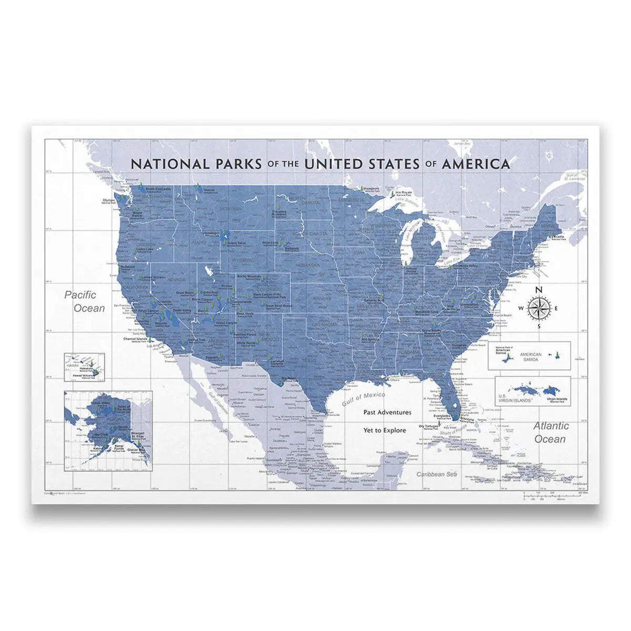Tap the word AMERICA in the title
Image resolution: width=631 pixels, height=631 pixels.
476,164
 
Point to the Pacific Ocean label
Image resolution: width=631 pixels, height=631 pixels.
84,302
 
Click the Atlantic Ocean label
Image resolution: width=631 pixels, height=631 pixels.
550,432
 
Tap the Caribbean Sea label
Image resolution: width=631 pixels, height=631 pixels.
435,474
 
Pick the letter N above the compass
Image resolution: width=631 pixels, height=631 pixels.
538,289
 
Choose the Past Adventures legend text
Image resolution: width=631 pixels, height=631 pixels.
387,413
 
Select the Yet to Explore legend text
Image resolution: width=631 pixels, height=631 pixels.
384,430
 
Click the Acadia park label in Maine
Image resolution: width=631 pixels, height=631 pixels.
558,237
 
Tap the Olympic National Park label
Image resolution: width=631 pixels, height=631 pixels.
109,201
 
